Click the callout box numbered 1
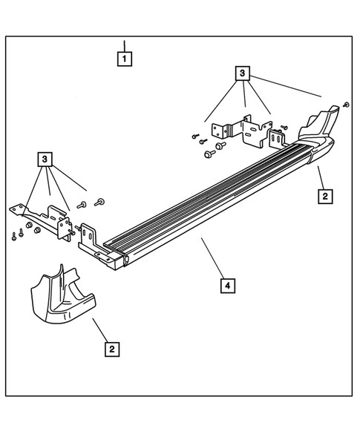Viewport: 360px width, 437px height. coord(125,59)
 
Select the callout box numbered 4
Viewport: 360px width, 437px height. coord(228,286)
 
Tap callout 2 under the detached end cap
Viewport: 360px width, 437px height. coord(112,349)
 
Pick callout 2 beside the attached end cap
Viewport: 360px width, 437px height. coord(325,196)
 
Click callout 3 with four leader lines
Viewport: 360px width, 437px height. coord(242,73)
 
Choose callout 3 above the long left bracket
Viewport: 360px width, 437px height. coord(45,160)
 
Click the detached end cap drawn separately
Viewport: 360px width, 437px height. coord(63,297)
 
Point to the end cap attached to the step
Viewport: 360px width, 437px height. coord(318,134)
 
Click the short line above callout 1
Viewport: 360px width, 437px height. coord(125,46)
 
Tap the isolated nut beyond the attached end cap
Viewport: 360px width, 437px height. coord(346,105)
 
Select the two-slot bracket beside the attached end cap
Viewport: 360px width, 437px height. coord(278,138)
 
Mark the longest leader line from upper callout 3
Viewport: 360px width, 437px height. coord(285,86)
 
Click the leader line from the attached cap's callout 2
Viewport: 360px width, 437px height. coord(321,178)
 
